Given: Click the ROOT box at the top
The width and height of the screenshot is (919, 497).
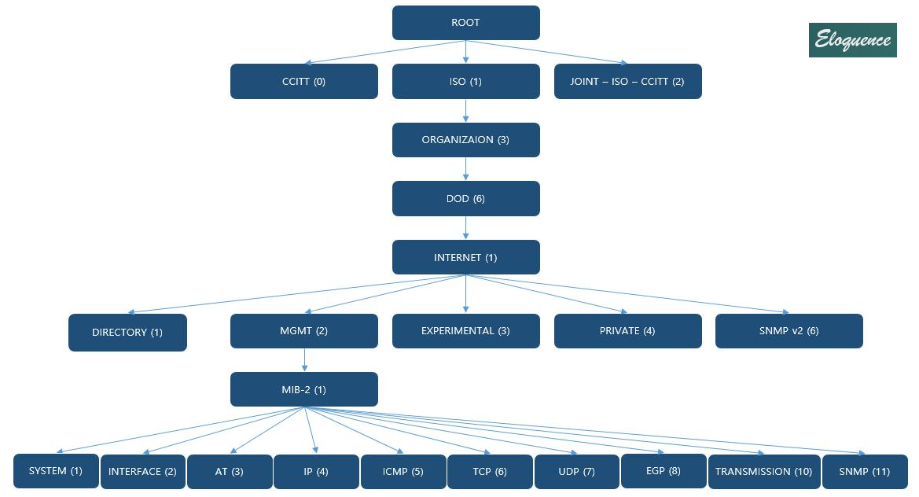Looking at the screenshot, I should pos(465,23).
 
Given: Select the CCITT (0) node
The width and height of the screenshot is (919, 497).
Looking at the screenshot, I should pos(303,82).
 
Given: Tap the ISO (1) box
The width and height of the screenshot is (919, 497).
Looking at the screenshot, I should pos(465,82).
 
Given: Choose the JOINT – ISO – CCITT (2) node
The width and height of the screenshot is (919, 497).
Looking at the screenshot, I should pos(627,82).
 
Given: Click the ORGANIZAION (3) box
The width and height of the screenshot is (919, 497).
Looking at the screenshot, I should pos(465,140).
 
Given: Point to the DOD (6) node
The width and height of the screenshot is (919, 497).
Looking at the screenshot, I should pos(465,199).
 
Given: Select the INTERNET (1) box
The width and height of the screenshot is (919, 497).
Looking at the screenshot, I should pos(465,257).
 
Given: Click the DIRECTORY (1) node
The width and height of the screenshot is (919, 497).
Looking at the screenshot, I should pos(127,333).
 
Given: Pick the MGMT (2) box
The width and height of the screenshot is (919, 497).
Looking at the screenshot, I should pos(303,331).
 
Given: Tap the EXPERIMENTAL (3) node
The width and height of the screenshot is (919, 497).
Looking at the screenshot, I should pos(465,331).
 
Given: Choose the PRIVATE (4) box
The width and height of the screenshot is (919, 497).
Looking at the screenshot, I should pos(627,331).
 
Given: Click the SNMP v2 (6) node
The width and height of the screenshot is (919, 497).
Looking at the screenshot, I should pos(789,331).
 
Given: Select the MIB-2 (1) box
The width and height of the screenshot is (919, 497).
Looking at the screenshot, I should pos(303,390).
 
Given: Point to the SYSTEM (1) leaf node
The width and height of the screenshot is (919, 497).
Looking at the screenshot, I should pos(56,471).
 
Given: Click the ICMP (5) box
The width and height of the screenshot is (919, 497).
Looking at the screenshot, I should pos(403,472).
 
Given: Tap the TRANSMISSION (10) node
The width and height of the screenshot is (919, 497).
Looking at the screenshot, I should pos(764,472).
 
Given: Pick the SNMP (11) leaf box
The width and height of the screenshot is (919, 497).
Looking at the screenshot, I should pos(865,472).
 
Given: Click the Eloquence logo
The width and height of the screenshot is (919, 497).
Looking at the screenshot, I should pos(852,40).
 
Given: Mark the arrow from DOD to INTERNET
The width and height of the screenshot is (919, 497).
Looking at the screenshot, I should pos(466,227).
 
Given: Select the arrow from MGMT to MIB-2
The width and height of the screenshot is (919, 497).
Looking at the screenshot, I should pos(304,359).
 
